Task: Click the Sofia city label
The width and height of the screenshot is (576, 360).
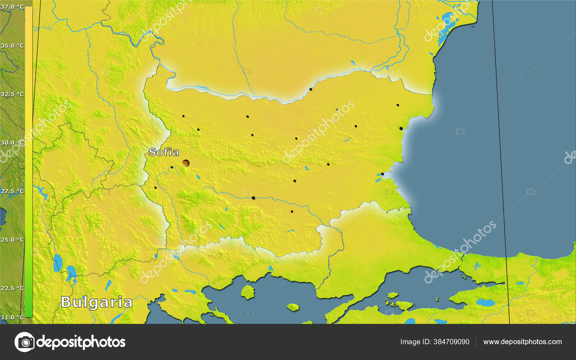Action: tap(164, 152)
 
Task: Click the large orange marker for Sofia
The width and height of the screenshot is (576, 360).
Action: tap(186, 163)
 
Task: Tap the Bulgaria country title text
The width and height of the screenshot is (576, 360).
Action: tap(96, 302)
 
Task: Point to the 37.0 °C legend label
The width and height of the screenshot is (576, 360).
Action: tap(12, 6)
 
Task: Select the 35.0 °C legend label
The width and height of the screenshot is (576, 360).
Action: tap(12, 46)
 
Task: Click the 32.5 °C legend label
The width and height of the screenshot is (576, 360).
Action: tap(12, 94)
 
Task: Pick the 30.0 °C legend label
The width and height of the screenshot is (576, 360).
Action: tap(12, 143)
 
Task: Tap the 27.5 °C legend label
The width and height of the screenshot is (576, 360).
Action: tap(12, 191)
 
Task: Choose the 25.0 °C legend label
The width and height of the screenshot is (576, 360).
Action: tap(12, 240)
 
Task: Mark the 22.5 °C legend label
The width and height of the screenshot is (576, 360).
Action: tap(12, 288)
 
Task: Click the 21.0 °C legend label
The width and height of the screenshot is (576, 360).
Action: tap(12, 317)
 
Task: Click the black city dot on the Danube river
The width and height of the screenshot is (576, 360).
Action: tap(311, 89)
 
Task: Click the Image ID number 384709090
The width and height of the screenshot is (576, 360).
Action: tap(451, 342)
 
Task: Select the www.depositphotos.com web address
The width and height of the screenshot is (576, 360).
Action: tap(522, 342)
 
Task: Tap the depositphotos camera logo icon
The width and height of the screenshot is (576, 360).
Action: tap(24, 342)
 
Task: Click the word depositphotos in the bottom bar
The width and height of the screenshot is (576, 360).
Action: tap(81, 342)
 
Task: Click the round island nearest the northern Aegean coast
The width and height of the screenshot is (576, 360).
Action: tap(247, 292)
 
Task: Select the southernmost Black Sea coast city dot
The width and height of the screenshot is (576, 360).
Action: tap(382, 174)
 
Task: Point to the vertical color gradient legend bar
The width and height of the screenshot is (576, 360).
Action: tap(28, 162)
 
